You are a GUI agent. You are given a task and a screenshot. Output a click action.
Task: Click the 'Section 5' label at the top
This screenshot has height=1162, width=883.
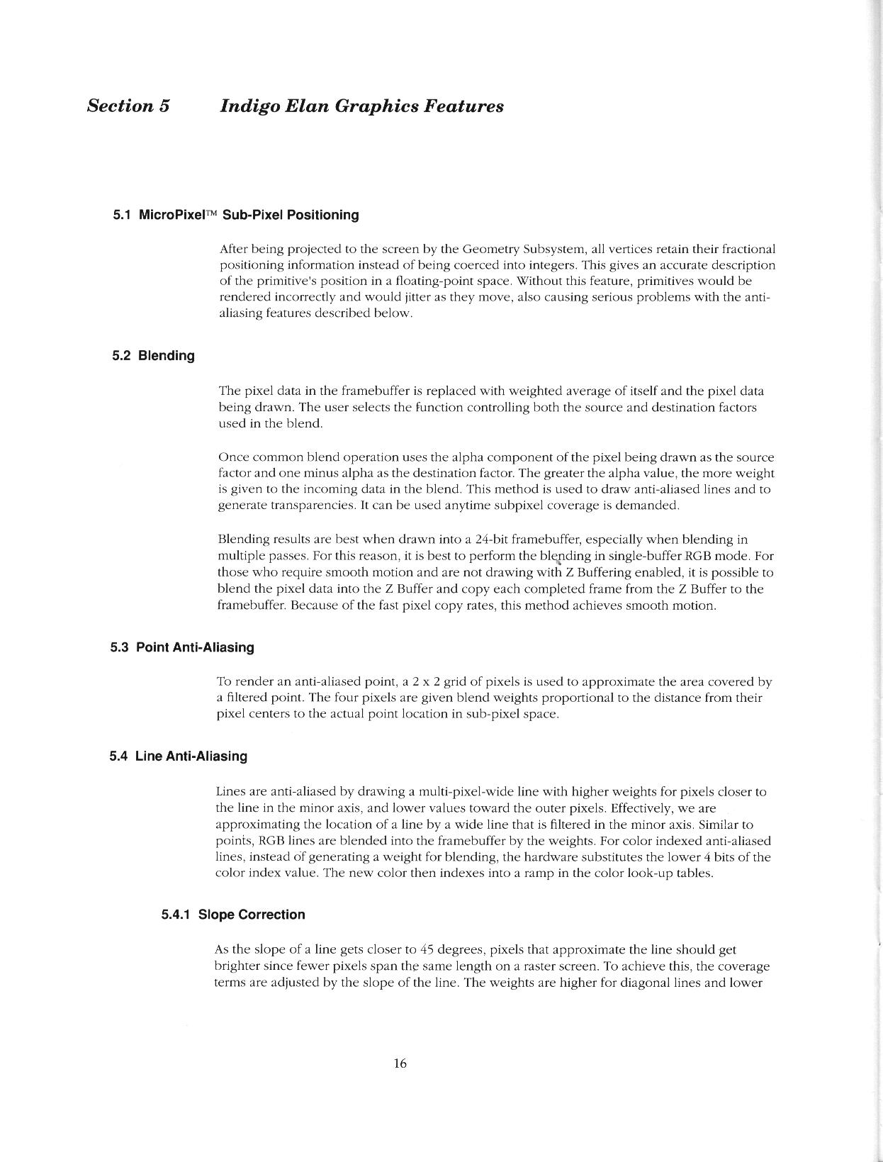click(128, 106)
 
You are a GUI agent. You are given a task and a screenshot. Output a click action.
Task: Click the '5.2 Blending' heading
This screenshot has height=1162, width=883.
click(153, 356)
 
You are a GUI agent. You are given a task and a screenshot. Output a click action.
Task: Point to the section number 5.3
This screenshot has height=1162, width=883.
click(119, 647)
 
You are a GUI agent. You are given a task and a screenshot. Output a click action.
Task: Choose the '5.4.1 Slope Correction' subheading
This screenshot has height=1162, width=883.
click(233, 915)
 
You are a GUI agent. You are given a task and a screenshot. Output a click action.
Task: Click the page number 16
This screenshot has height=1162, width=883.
click(400, 1063)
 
